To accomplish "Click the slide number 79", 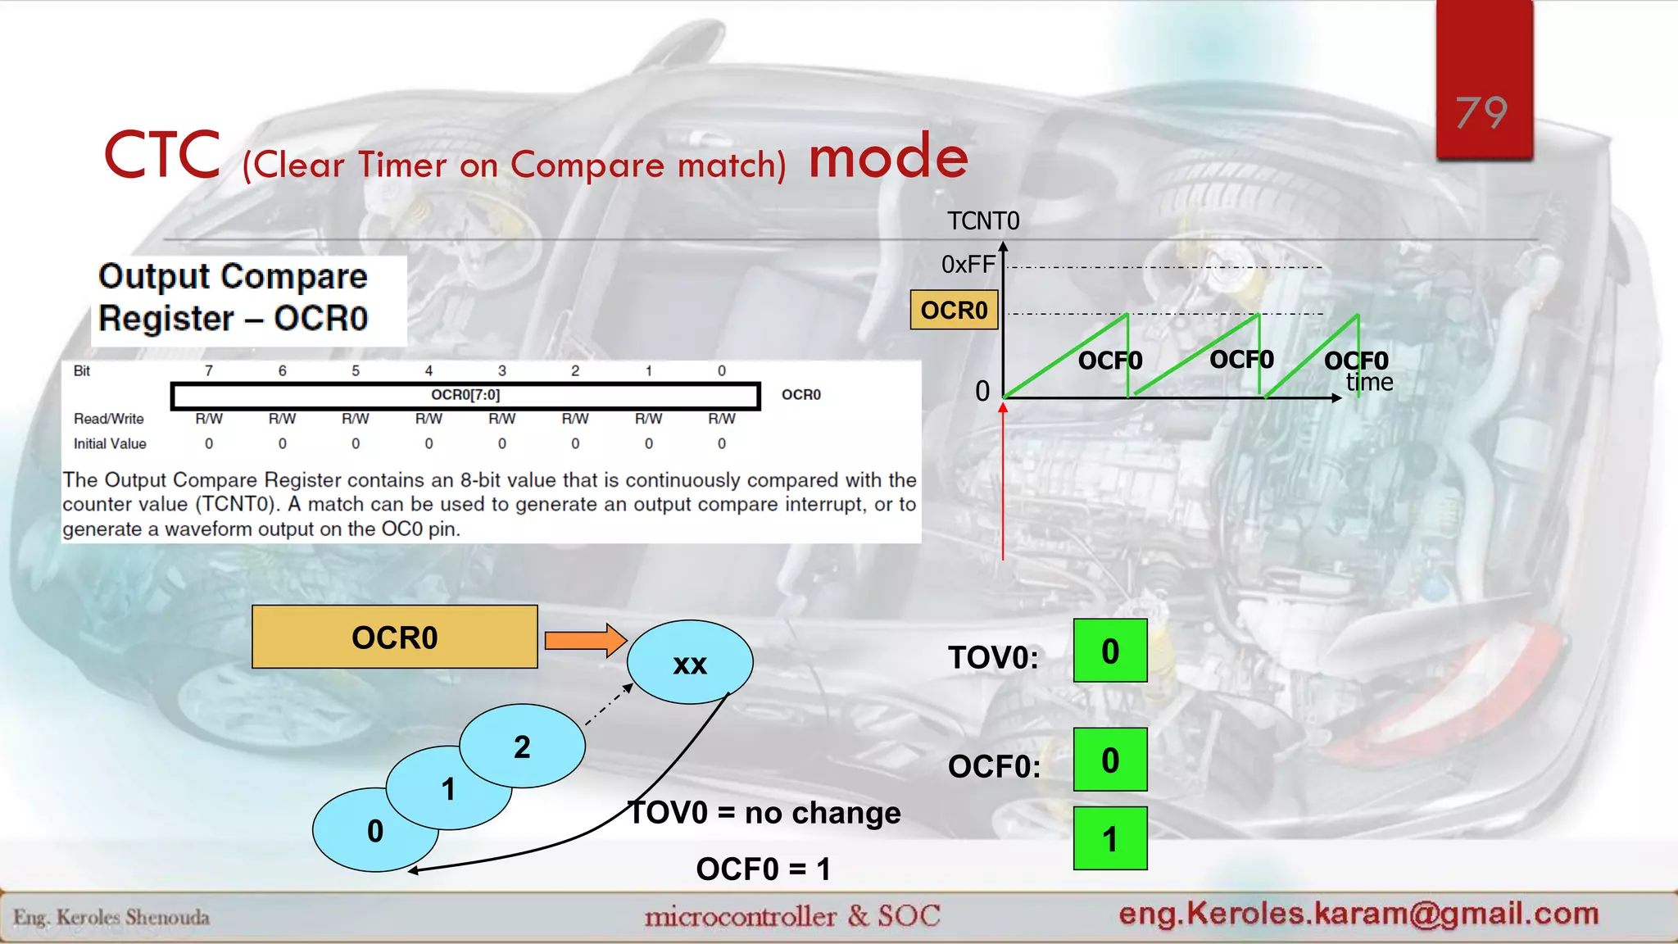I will [1481, 113].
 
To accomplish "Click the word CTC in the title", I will [162, 156].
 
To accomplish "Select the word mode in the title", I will [888, 157].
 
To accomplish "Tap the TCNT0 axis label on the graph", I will [982, 221].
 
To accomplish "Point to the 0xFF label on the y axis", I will [968, 265].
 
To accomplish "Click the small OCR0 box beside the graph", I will [954, 311].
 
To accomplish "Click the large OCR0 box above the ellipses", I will [394, 638].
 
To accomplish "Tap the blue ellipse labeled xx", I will [690, 662].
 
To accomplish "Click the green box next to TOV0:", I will [1110, 651].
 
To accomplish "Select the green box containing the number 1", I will [1110, 839].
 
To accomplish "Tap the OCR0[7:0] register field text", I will [465, 395].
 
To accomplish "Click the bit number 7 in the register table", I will [209, 371].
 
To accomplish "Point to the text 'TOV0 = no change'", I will [764, 813].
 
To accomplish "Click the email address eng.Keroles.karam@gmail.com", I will [1358, 913].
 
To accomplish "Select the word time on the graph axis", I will [1369, 383].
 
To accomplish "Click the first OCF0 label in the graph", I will [1109, 361].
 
